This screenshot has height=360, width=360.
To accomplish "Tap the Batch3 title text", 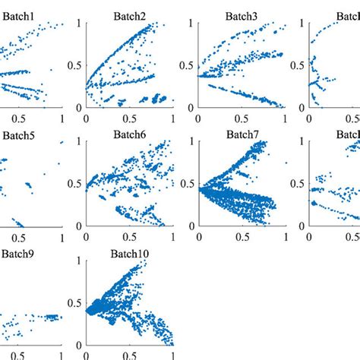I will click(242, 15).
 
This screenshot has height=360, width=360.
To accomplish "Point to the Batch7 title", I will click(242, 134).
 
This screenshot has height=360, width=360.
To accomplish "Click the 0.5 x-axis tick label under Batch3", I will click(242, 119).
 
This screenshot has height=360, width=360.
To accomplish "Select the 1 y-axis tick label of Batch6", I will click(77, 142).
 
